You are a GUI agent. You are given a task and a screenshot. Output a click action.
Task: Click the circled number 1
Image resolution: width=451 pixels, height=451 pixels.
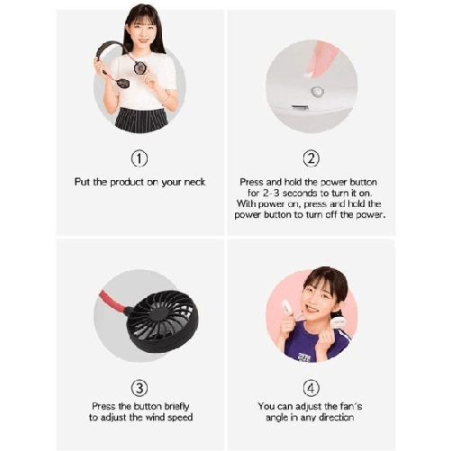click(x=139, y=159)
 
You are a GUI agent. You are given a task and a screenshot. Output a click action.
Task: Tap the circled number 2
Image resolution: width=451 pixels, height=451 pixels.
click(x=311, y=159)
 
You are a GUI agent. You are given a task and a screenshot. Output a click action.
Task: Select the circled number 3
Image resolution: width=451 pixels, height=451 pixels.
click(x=139, y=389)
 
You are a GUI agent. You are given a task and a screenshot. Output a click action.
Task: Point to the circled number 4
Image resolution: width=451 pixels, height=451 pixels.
click(x=311, y=389)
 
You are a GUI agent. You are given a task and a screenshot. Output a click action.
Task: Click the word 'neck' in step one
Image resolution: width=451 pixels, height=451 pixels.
click(x=194, y=182)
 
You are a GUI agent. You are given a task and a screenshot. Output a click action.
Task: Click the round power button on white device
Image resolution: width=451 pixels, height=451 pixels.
click(x=316, y=91)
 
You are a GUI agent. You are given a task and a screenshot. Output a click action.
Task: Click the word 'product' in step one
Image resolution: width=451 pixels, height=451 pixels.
click(x=130, y=182)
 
